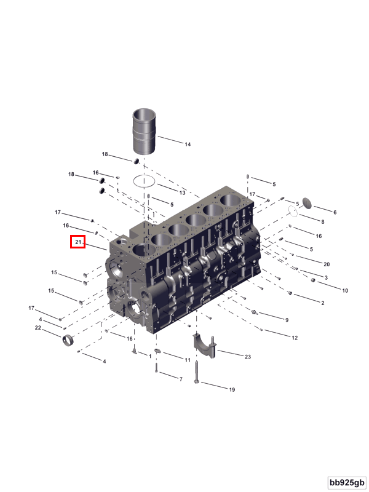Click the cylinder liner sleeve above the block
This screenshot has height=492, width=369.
tap(145, 133)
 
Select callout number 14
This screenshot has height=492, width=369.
tap(188, 145)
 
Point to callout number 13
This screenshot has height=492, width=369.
tap(182, 193)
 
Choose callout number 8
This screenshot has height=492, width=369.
tap(322, 221)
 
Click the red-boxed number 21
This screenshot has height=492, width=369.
tap(77, 243)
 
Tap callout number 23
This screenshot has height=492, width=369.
tap(248, 357)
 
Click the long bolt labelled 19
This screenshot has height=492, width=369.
tap(197, 372)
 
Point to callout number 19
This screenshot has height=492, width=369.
tap(232, 389)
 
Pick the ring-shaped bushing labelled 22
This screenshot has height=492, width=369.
tap(69, 339)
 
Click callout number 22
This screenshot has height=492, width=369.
tap(38, 328)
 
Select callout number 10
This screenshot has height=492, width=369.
tap(345, 290)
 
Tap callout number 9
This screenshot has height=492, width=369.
tap(287, 320)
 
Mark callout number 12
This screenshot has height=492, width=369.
tap(295, 338)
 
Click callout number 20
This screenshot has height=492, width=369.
tap(327, 264)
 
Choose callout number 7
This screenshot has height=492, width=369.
tap(180, 379)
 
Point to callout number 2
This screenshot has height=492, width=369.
tap(323, 303)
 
